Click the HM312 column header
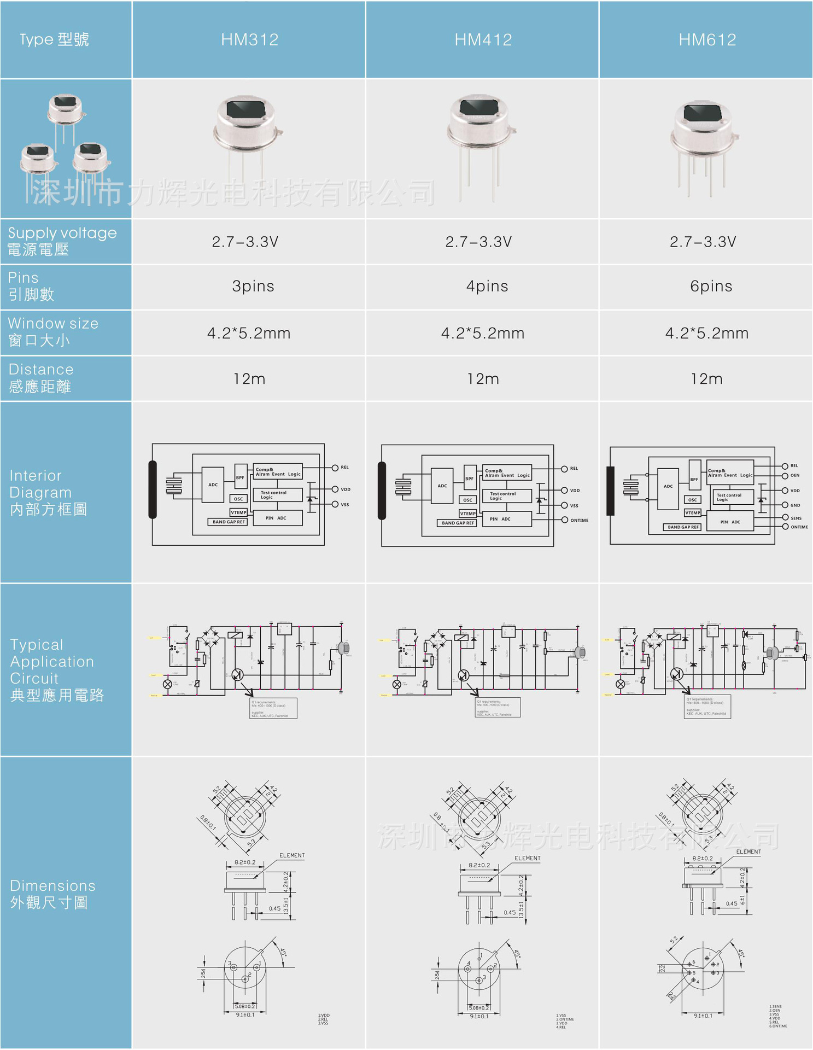[x=249, y=39]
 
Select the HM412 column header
[x=483, y=39]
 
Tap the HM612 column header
[x=707, y=39]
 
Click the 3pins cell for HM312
[x=253, y=286]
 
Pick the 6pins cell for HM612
[x=711, y=286]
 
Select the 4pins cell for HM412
[x=487, y=286]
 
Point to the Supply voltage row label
[x=62, y=241]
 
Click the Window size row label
[x=53, y=332]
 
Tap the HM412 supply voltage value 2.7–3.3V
[x=478, y=242]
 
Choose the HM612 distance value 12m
[x=706, y=378]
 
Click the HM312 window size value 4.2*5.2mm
[x=249, y=333]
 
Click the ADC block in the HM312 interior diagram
[x=213, y=485]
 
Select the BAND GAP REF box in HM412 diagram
[x=458, y=523]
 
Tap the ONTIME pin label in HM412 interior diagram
[x=579, y=520]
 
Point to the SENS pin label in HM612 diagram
[x=796, y=518]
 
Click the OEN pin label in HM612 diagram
[x=794, y=475]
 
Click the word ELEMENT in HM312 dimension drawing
[x=292, y=855]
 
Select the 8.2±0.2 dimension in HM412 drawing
[x=479, y=865]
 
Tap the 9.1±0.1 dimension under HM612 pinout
[x=703, y=1016]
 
